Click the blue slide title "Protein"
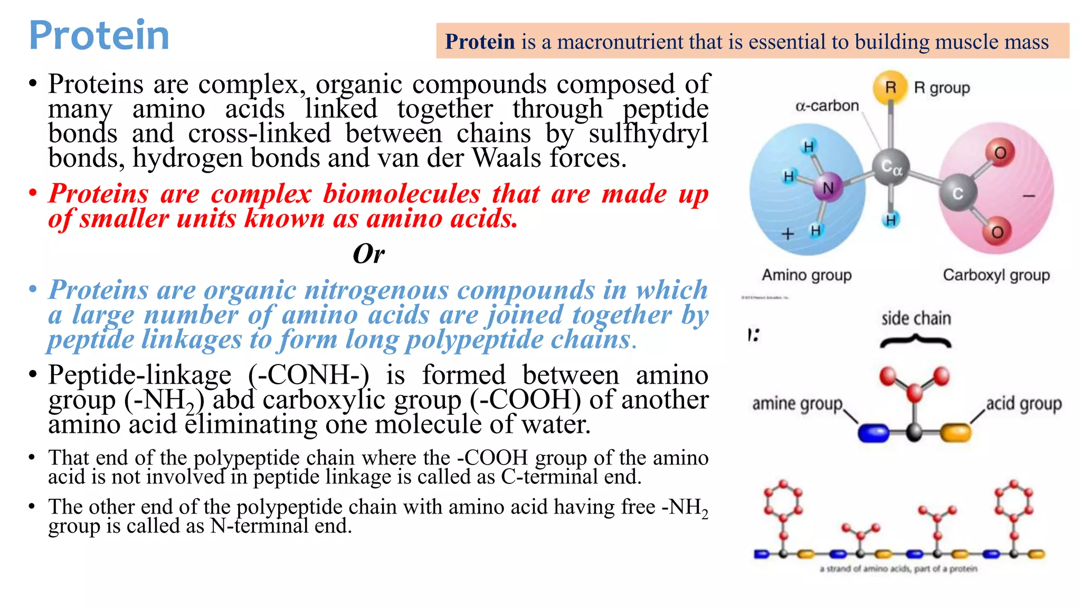pos(99,35)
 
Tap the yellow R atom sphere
pos(890,87)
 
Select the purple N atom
pos(828,188)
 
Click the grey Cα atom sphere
pos(891,168)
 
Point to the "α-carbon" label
pos(827,106)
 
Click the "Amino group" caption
pos(807,275)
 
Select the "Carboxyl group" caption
pos(996,275)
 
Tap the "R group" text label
pos(942,88)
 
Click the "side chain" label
pos(916,318)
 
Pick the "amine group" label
pos(797,404)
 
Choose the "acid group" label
pos(1023,404)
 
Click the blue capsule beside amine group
pos(874,433)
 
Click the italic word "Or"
pos(368,254)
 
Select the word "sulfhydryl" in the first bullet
pos(648,134)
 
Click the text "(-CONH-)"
pos(308,375)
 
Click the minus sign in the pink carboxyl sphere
pos(1029,196)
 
